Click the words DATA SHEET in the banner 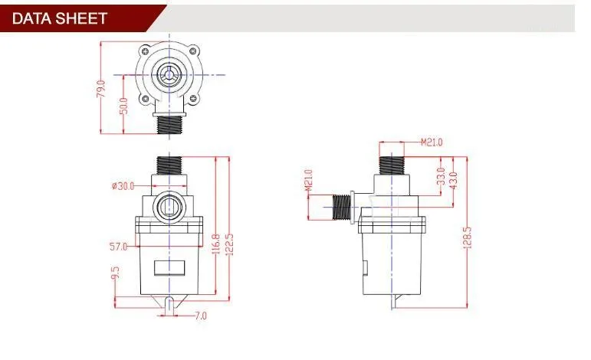[x=60, y=18]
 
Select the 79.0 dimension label [x=101, y=90]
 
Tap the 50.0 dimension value [x=123, y=106]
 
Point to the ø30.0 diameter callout [x=123, y=186]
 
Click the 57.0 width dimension [x=118, y=247]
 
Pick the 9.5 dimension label [x=115, y=273]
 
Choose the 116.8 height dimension [x=216, y=244]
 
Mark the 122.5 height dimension [x=229, y=244]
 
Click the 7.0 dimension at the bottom [x=201, y=316]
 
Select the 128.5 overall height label [x=467, y=237]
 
